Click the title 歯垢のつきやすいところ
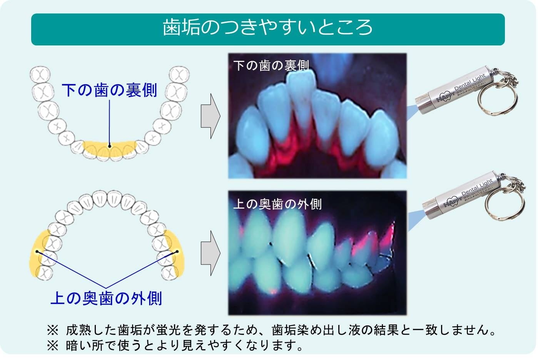268,28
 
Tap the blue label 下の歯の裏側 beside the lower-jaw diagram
110,90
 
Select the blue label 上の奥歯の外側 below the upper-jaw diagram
106,298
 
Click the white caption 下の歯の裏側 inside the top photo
271,66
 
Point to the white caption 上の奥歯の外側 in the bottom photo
277,204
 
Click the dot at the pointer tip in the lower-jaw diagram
110,146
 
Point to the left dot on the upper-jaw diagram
37,251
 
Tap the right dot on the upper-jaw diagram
177,251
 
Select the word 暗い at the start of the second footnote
79,345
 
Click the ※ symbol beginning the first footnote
53,330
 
